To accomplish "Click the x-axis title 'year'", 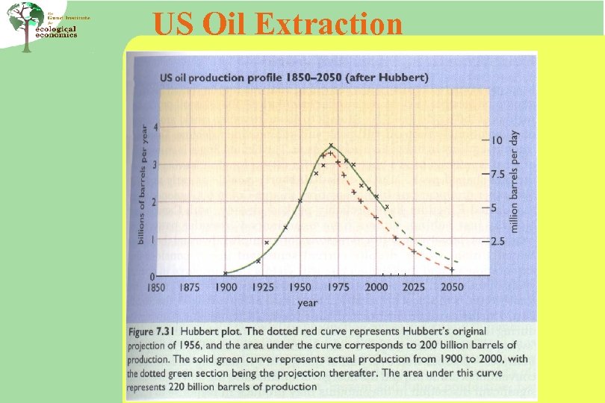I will click(308, 303).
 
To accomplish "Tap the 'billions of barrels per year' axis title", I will click(141, 184).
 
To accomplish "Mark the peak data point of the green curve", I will click(331, 145).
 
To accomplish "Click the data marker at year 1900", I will click(226, 272).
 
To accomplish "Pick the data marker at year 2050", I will click(451, 269).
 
